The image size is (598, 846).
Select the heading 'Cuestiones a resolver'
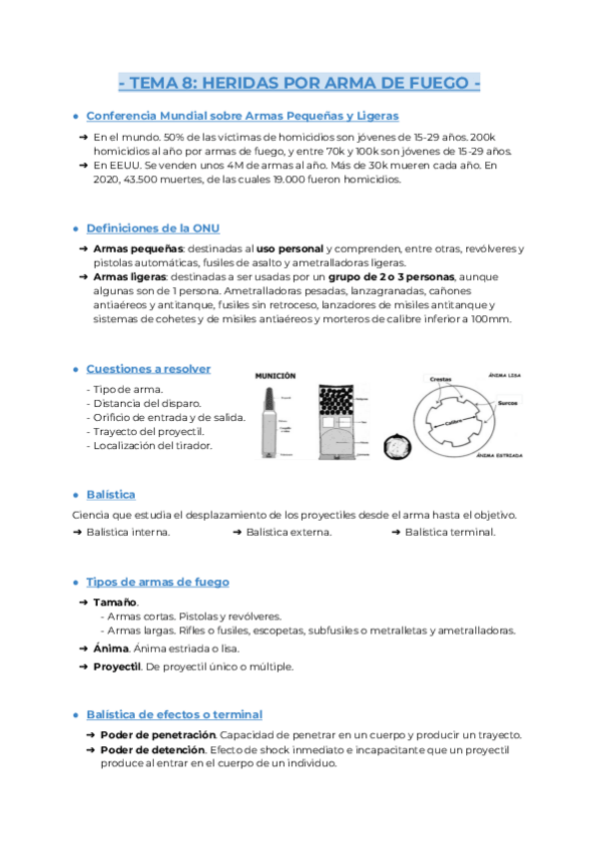tap(148, 368)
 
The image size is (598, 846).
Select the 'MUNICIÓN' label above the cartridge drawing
tap(276, 376)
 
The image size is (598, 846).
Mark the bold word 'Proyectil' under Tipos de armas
tap(117, 666)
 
